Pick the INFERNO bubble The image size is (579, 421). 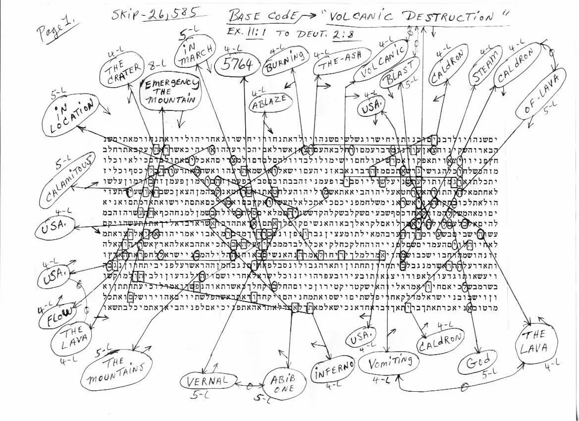pyautogui.click(x=334, y=369)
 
